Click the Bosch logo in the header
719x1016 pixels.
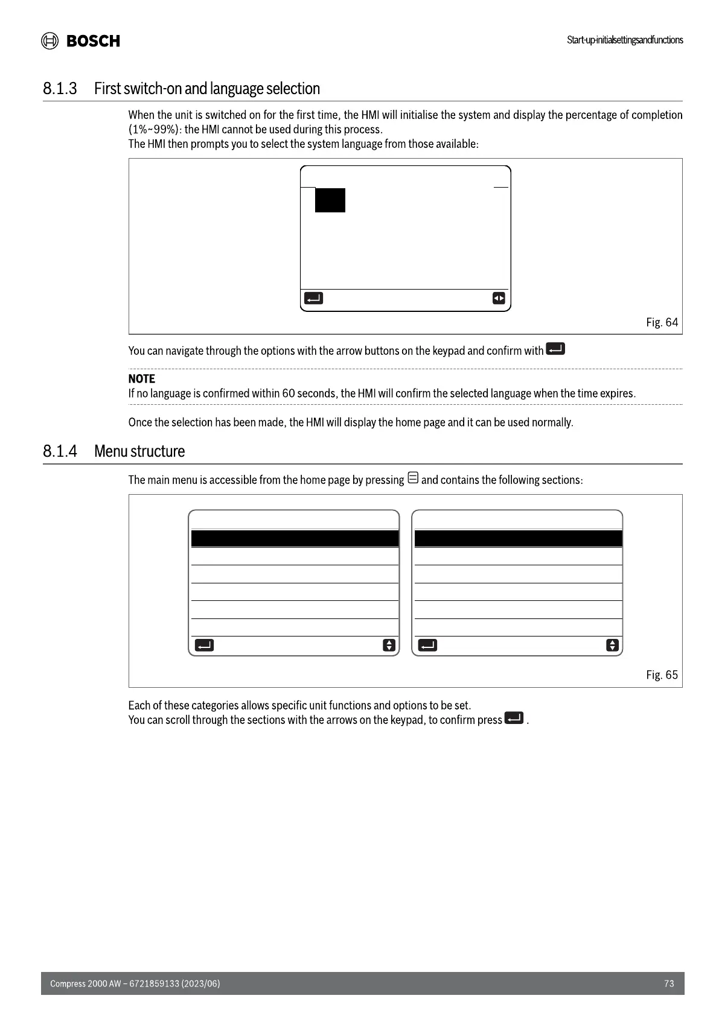tap(80, 40)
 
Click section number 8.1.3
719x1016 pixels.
tap(60, 89)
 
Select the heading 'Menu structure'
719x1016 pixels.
tap(139, 451)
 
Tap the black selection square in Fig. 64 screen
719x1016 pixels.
tap(330, 200)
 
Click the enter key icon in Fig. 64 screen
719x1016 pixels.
tap(313, 298)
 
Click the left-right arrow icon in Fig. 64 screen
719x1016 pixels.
tap(499, 298)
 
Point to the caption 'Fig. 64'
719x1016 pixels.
tap(662, 322)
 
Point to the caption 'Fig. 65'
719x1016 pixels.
tap(662, 675)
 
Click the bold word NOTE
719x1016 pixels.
tap(141, 379)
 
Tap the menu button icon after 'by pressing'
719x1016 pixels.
tap(413, 478)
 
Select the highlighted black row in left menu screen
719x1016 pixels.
tap(295, 539)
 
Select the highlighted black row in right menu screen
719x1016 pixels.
tap(518, 539)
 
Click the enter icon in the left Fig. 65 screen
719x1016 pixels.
tap(204, 646)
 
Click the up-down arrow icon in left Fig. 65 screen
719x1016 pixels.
tap(389, 646)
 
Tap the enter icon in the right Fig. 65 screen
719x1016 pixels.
tap(427, 646)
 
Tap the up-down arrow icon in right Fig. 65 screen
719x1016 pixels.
tap(612, 646)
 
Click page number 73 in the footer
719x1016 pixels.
tap(669, 983)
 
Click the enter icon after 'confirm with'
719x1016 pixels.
tap(555, 349)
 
